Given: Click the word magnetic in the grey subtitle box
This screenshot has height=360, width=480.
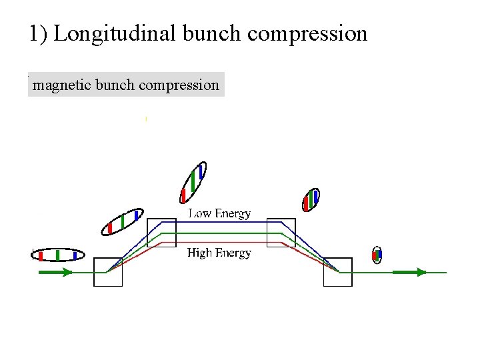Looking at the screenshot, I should pos(62,85).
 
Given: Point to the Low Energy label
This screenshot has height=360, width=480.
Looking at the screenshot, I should pos(219,213).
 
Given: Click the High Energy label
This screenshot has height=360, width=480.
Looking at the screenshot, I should pos(219,253).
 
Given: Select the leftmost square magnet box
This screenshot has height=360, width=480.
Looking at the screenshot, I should pos(108,272).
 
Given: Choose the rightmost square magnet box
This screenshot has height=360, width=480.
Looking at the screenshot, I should pos(337,272).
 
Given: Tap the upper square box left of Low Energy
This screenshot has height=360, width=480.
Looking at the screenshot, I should pos(161,232).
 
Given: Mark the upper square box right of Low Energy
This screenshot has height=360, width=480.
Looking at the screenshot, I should pos(281,232).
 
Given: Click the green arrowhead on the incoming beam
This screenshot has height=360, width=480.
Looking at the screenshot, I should pos(67,272).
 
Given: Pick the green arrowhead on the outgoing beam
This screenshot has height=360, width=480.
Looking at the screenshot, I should pos(420,272).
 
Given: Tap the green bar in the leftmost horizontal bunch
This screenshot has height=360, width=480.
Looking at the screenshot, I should pos(58,255).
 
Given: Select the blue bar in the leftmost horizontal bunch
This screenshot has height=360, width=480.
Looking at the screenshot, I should pos(75,255).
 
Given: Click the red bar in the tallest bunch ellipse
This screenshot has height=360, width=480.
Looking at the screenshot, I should pos(183,196).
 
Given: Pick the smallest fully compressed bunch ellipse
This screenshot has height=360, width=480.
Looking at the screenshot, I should pos(377,254).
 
